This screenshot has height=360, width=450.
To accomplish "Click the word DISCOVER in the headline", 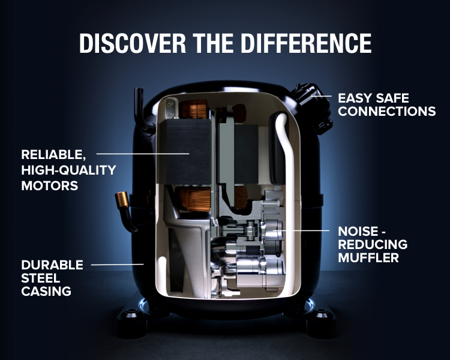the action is (x=133, y=43).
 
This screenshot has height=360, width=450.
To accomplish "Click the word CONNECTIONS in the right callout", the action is (x=387, y=112).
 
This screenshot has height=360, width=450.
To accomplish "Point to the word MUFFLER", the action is (x=368, y=258).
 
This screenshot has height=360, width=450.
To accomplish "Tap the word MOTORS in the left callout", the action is (x=50, y=186).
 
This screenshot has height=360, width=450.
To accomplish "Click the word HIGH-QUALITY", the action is (x=68, y=170).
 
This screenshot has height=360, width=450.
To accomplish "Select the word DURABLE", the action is (x=52, y=265).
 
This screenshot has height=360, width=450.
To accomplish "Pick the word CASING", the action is (x=46, y=292).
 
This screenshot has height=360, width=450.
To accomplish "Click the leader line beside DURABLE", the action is (x=117, y=265).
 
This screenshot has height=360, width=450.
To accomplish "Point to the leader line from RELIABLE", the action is (x=143, y=154).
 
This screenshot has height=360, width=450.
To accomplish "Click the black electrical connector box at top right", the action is (x=312, y=108).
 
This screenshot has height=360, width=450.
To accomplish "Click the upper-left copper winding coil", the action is (x=194, y=109).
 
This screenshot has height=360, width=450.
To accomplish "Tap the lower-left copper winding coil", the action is (x=194, y=199).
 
